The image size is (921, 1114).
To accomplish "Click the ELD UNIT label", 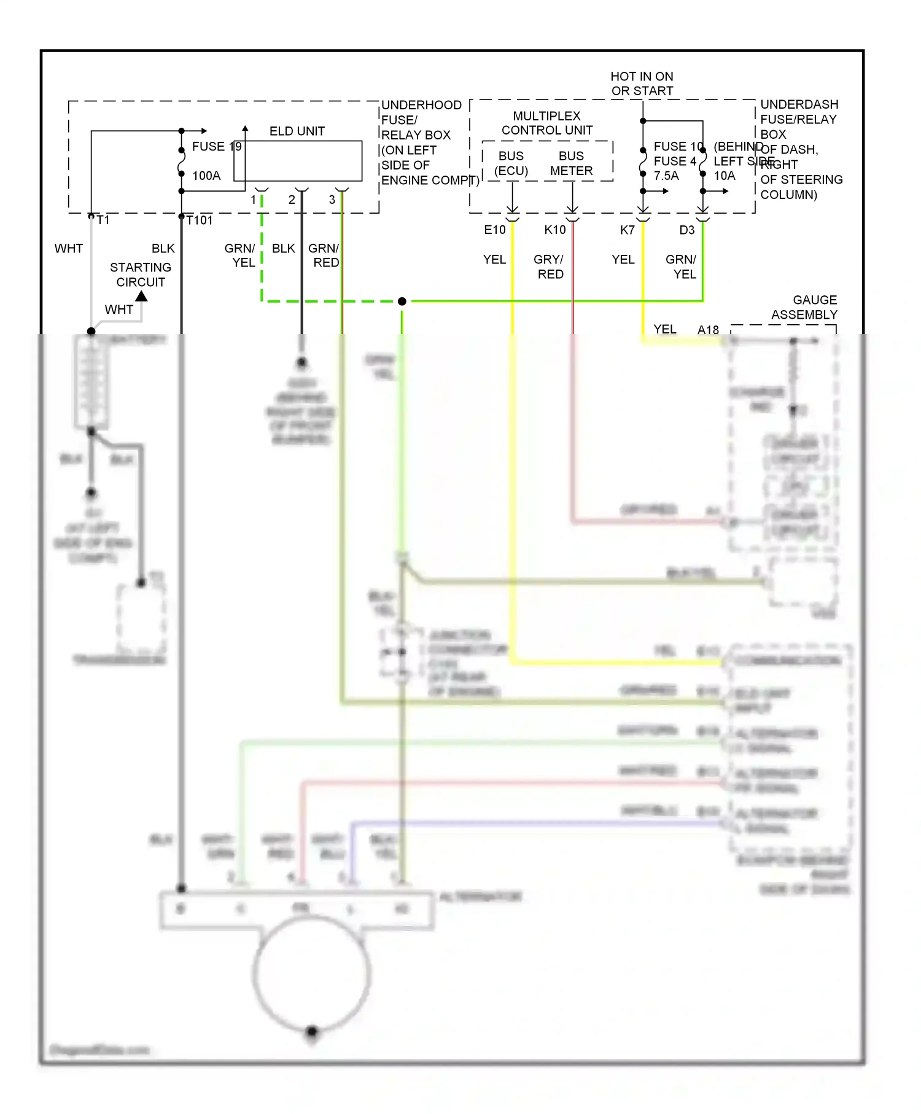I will click(x=297, y=131).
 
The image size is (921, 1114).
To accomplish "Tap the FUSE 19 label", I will click(x=216, y=146).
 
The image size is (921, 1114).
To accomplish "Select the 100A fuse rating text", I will click(x=206, y=176).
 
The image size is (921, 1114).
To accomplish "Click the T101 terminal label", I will click(x=200, y=220).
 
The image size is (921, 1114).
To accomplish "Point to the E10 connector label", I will click(x=494, y=230).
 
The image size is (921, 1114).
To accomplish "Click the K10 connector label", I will click(x=554, y=230).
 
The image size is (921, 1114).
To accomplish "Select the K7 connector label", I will click(x=627, y=230).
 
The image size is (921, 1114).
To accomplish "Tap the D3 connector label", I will click(x=686, y=230).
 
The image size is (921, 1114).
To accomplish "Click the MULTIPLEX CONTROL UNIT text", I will click(x=546, y=123).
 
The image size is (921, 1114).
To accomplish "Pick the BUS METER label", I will click(x=571, y=163).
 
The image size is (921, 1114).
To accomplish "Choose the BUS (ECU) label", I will click(x=511, y=163).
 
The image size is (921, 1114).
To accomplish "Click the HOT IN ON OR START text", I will click(x=642, y=84).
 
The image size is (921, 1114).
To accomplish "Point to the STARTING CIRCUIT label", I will click(x=141, y=275).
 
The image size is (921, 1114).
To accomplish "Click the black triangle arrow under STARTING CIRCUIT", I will click(x=142, y=296).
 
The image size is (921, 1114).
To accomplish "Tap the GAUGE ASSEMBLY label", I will click(x=804, y=307).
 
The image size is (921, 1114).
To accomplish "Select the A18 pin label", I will click(x=708, y=330).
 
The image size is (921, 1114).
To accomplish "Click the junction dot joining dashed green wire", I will click(x=402, y=302).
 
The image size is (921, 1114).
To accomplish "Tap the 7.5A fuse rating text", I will click(x=666, y=176).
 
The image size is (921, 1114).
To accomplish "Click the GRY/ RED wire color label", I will click(x=549, y=267).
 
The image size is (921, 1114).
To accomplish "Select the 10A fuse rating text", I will click(x=725, y=176).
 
